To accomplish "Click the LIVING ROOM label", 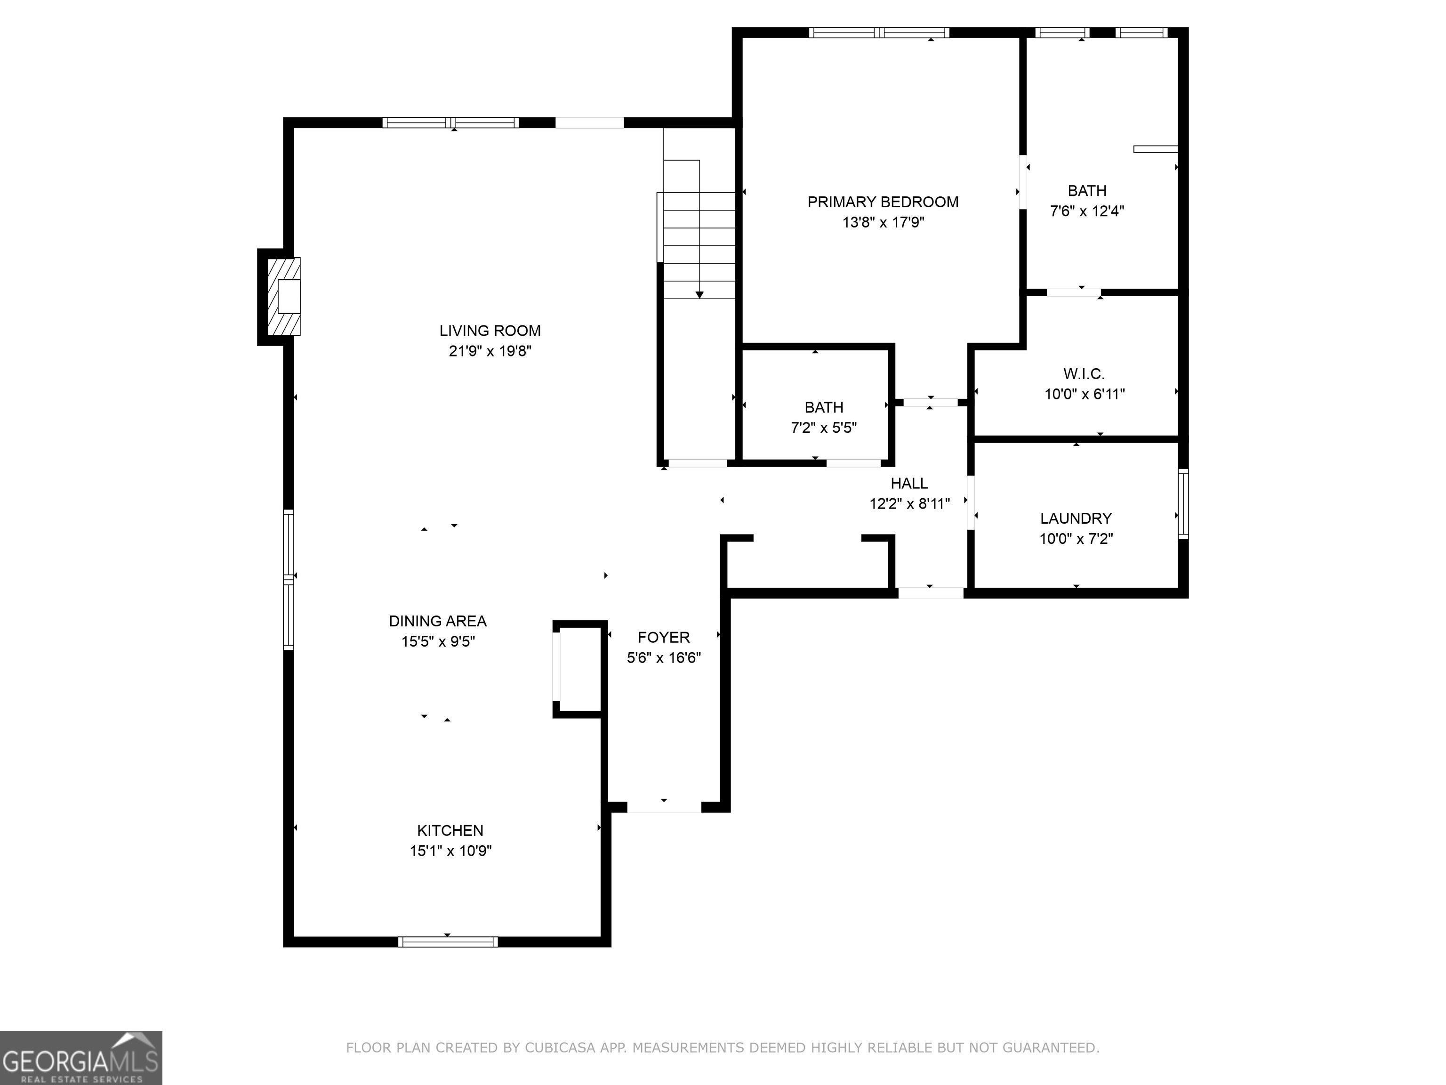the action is [490, 331].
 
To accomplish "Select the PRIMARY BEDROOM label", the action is [883, 202].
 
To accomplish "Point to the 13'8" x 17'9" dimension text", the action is [883, 222].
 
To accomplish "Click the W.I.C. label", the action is [1084, 374].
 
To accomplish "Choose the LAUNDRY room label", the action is [1076, 518].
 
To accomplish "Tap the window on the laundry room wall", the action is [1183, 503].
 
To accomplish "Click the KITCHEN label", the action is [450, 831].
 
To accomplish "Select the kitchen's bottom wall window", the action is [448, 942].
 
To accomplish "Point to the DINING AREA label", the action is [437, 621].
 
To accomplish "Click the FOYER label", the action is [664, 638].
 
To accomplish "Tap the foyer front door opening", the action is [664, 807].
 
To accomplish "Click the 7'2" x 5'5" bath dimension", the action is [824, 428].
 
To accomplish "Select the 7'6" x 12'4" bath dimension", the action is [1087, 211].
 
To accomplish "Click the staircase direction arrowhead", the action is [699, 295].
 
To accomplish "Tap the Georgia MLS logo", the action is [81, 1058].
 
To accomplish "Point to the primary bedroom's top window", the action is [879, 32].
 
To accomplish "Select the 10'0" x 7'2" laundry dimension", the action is [1076, 539].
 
